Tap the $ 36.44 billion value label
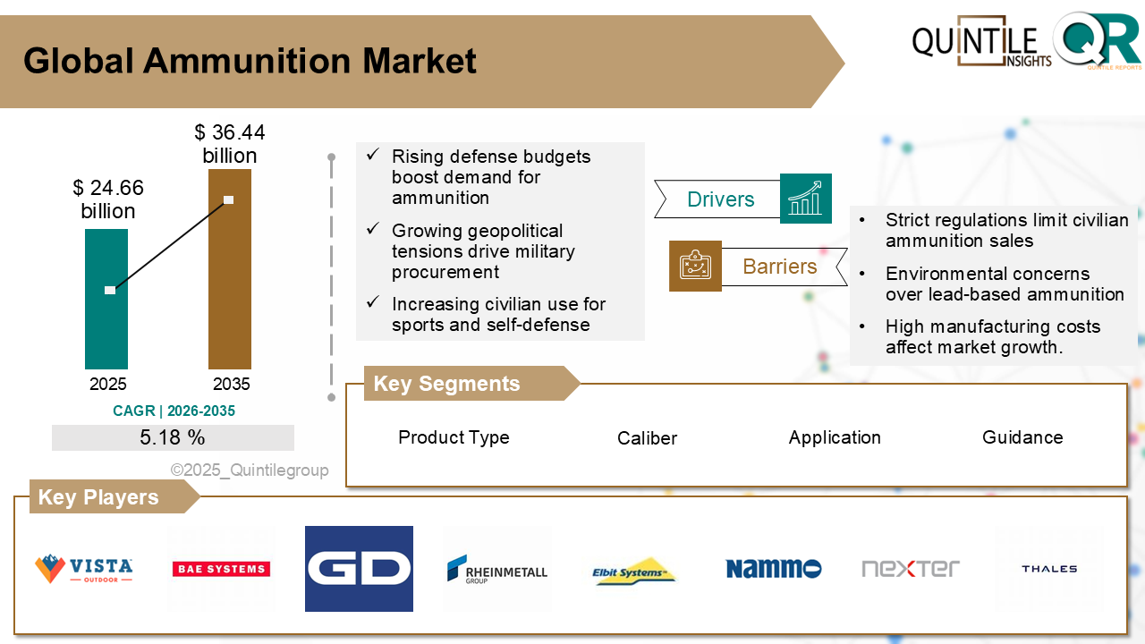230,144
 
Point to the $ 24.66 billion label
108,199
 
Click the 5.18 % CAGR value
173,437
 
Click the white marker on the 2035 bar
229,200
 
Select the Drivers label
720,199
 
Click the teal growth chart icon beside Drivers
805,199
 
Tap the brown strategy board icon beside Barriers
695,266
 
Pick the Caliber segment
647,438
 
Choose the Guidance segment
1022,437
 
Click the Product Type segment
454,437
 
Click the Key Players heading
98,497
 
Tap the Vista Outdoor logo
83,569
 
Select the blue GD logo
359,569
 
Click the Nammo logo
773,569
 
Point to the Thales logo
1048,569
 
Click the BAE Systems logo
221,569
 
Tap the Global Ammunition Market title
250,61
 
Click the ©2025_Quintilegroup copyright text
250,470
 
